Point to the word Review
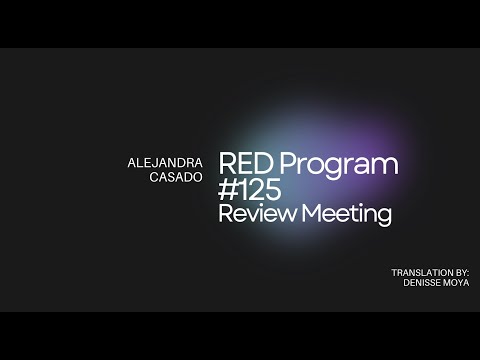[x=253, y=215]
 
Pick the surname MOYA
[x=455, y=282]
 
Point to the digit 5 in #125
[x=273, y=190]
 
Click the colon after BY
[x=467, y=272]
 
